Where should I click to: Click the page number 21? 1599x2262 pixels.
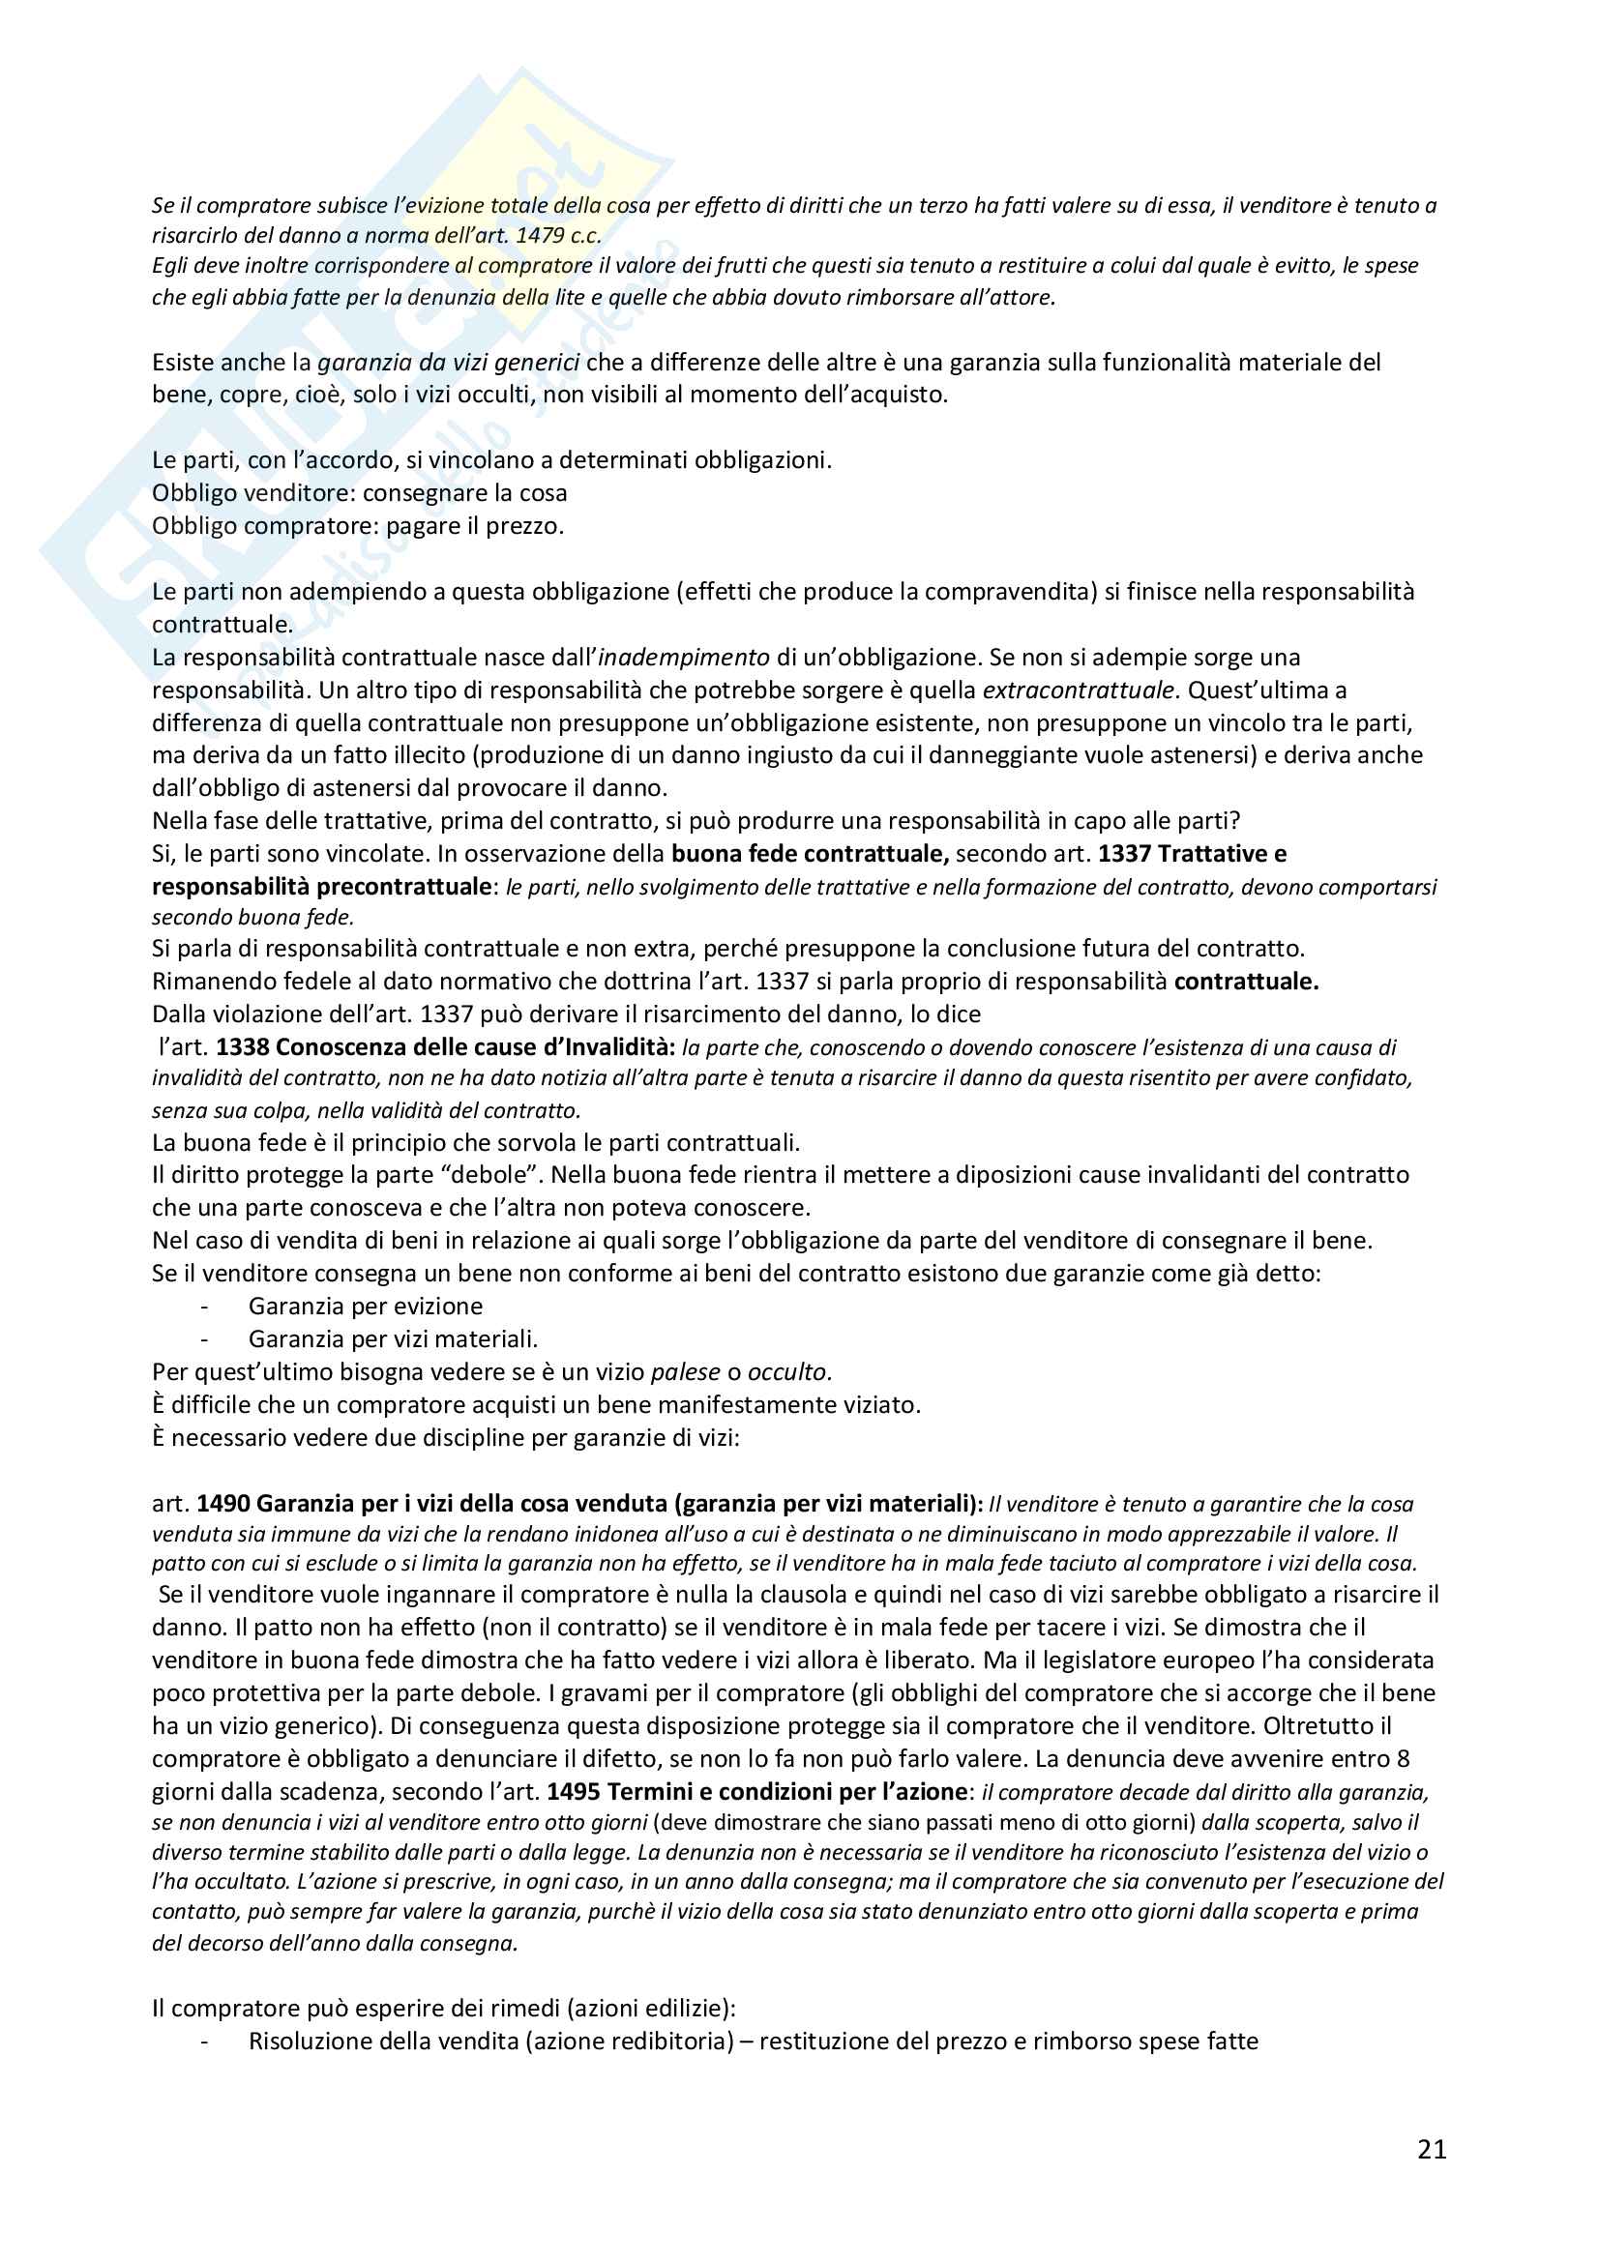click(x=1432, y=2149)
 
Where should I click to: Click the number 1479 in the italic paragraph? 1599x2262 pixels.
click(x=540, y=235)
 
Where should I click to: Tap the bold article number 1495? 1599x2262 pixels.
click(x=574, y=1791)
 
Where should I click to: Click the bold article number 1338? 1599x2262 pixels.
click(x=243, y=1046)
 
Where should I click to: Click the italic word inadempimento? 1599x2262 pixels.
click(x=684, y=657)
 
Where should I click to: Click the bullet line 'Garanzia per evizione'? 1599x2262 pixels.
click(x=365, y=1307)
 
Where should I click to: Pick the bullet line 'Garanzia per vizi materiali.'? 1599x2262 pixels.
click(x=392, y=1338)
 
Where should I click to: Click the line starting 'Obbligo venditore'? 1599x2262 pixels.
click(x=359, y=492)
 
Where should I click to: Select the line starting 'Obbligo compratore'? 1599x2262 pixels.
click(x=358, y=526)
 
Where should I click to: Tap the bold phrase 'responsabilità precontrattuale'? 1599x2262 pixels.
click(x=321, y=886)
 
